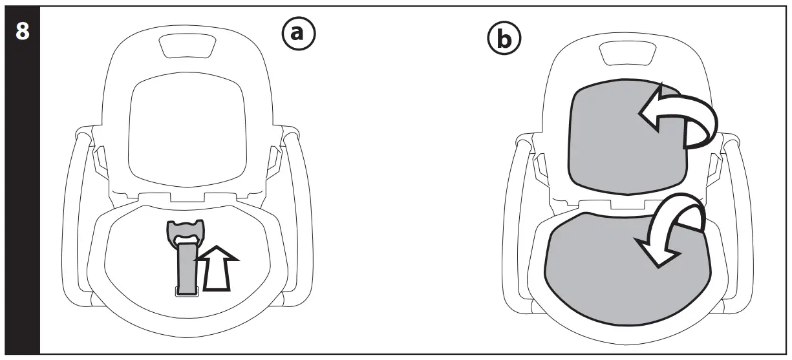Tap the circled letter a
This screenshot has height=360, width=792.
point(297,33)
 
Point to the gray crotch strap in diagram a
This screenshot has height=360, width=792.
point(188,268)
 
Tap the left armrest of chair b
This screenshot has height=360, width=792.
point(517,213)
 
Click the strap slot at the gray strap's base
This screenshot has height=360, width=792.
point(187,292)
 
